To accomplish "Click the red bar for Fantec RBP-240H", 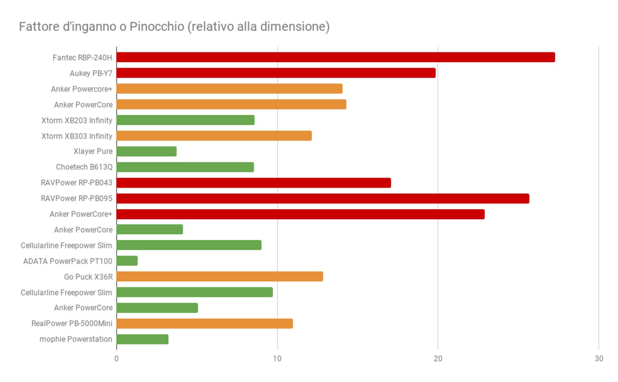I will pyautogui.click(x=336, y=57).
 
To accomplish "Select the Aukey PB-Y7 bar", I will pyautogui.click(x=276, y=73).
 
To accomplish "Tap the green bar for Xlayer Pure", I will pyautogui.click(x=146, y=151).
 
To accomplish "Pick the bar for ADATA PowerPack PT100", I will pyautogui.click(x=127, y=261).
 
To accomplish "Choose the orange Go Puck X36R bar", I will pyautogui.click(x=220, y=277).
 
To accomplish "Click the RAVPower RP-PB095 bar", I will pyautogui.click(x=323, y=198).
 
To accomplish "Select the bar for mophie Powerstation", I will pyautogui.click(x=142, y=340).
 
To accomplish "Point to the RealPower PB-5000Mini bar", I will pyautogui.click(x=204, y=324).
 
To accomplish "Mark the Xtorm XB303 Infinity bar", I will pyautogui.click(x=214, y=136).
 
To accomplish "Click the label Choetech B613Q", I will pyautogui.click(x=84, y=167).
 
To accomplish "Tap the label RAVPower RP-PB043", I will pyautogui.click(x=77, y=183).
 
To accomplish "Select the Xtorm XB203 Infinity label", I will pyautogui.click(x=77, y=120).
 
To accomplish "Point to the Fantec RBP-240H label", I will pyautogui.click(x=83, y=58).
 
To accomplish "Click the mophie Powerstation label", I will pyautogui.click(x=76, y=340).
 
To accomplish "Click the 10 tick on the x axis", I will pyautogui.click(x=277, y=359).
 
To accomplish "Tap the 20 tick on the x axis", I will pyautogui.click(x=438, y=359).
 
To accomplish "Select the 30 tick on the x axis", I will pyautogui.click(x=599, y=359).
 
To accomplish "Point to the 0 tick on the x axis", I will pyautogui.click(x=116, y=359).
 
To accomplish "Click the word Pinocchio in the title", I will pyautogui.click(x=157, y=27).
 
